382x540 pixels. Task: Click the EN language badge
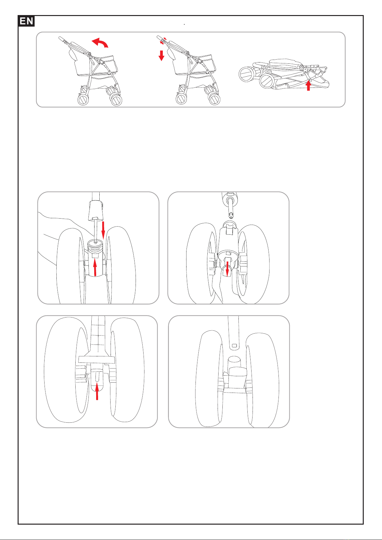coord(26,21)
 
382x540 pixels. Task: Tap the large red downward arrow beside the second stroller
coord(161,55)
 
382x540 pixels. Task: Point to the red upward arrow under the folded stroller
coord(308,86)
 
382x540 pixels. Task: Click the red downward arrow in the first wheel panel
coord(103,230)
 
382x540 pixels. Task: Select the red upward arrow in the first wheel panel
coord(95,268)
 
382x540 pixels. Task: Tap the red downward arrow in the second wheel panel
coord(227,269)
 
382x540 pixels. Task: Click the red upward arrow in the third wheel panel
coord(97,392)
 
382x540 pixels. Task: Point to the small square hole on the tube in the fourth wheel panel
coord(234,346)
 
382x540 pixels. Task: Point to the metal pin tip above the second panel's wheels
coord(231,215)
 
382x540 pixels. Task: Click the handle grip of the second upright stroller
coord(160,38)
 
